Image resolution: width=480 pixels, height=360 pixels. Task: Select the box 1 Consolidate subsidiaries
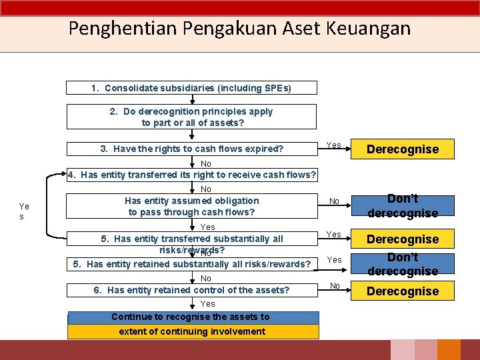pyautogui.click(x=192, y=88)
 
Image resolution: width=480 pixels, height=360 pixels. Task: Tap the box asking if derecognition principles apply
pyautogui.click(x=192, y=117)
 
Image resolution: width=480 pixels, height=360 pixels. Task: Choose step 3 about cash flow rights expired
pyautogui.click(x=192, y=149)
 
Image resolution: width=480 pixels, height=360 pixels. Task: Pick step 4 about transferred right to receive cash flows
pyautogui.click(x=192, y=175)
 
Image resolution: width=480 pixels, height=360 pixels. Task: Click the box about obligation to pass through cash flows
pyautogui.click(x=192, y=206)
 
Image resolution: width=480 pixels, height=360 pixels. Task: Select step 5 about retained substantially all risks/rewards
pyautogui.click(x=192, y=264)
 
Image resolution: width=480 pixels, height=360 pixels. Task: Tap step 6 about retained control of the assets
pyautogui.click(x=192, y=290)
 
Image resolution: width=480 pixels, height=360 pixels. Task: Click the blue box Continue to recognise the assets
pyautogui.click(x=192, y=317)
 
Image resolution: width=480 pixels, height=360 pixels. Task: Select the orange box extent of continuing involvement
pyautogui.click(x=192, y=331)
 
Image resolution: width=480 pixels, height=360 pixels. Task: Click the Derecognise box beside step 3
pyautogui.click(x=403, y=149)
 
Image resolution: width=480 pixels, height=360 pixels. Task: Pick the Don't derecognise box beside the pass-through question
pyautogui.click(x=403, y=206)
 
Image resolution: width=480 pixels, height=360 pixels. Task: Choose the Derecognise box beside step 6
pyautogui.click(x=403, y=291)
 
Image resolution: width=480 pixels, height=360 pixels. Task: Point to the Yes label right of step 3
pyautogui.click(x=335, y=145)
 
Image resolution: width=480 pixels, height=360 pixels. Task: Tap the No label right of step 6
pyautogui.click(x=335, y=286)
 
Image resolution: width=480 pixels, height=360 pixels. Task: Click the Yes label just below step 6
pyautogui.click(x=208, y=304)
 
